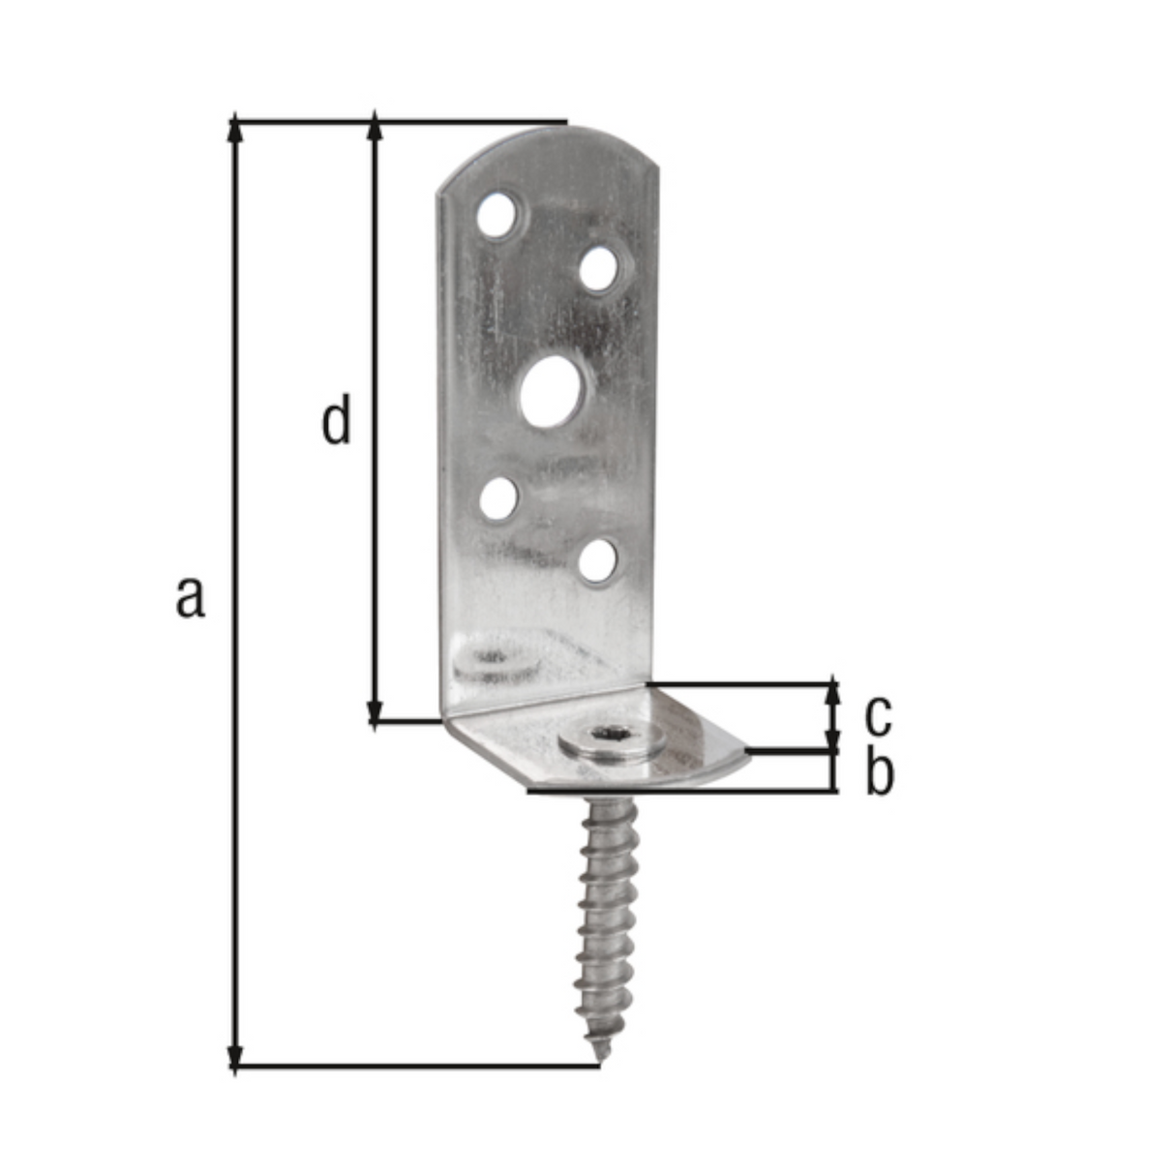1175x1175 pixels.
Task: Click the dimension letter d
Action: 336,421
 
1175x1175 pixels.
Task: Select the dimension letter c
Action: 877,715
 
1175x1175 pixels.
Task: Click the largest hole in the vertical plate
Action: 554,393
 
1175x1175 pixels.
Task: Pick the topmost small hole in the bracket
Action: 498,215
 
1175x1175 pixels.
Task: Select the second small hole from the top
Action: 600,268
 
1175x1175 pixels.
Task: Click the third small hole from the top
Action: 499,497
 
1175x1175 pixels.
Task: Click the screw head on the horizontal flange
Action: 613,743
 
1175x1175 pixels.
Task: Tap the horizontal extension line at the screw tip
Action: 416,1067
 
